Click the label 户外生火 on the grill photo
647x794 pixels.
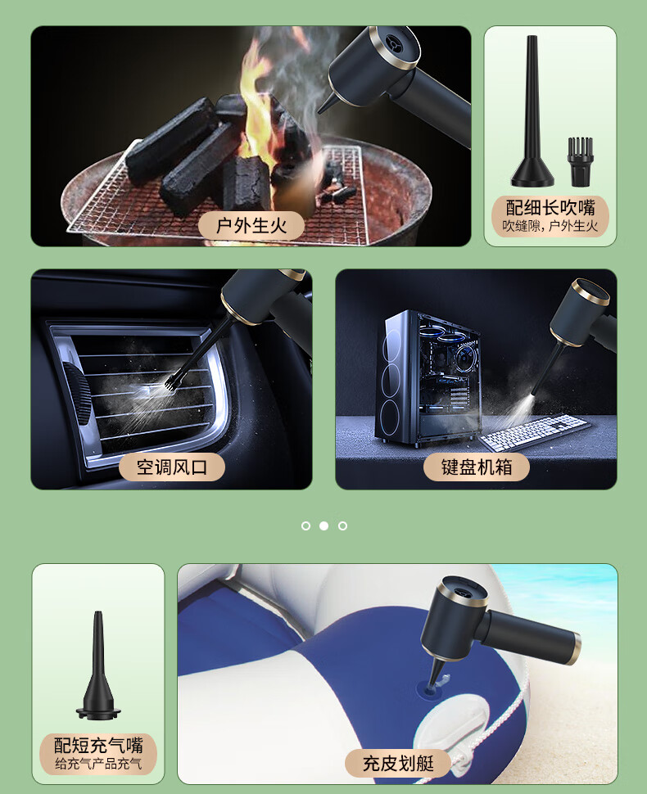click(251, 225)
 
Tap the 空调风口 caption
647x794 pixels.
click(172, 467)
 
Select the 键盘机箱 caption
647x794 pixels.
click(477, 467)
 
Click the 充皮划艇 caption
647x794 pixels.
click(398, 763)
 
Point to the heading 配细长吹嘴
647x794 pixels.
click(550, 208)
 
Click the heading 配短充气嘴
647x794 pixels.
click(98, 746)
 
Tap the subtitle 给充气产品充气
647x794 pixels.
click(98, 763)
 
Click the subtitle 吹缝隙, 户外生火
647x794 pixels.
click(550, 226)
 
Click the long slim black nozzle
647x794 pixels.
click(532, 111)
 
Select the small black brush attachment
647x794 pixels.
click(580, 161)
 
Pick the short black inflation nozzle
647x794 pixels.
click(98, 665)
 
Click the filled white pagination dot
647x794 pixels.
click(323, 526)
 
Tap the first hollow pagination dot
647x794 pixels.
click(305, 526)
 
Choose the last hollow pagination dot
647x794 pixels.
click(342, 526)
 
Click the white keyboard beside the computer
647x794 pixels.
click(535, 432)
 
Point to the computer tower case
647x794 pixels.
click(428, 377)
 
